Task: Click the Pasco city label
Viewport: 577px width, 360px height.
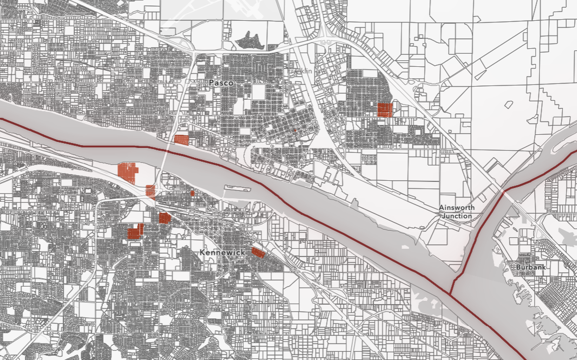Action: click(x=221, y=82)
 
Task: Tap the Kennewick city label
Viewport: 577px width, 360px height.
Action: click(x=222, y=252)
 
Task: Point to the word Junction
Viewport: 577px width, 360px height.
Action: click(x=457, y=216)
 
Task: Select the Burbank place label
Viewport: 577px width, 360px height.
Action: click(x=530, y=267)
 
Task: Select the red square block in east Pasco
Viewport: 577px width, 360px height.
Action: click(x=385, y=110)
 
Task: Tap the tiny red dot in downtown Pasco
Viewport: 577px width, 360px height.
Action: click(x=294, y=130)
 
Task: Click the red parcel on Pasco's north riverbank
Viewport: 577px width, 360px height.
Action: click(x=181, y=140)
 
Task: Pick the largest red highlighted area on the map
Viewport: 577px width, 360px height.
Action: click(x=128, y=173)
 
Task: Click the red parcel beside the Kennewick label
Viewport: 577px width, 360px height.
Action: click(x=258, y=252)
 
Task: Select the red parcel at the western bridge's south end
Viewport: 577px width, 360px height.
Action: click(x=150, y=191)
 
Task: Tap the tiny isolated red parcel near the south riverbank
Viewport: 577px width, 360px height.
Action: click(x=192, y=193)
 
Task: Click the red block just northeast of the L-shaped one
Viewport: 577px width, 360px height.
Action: click(x=164, y=218)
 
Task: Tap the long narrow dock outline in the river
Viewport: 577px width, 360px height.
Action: click(x=237, y=188)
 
